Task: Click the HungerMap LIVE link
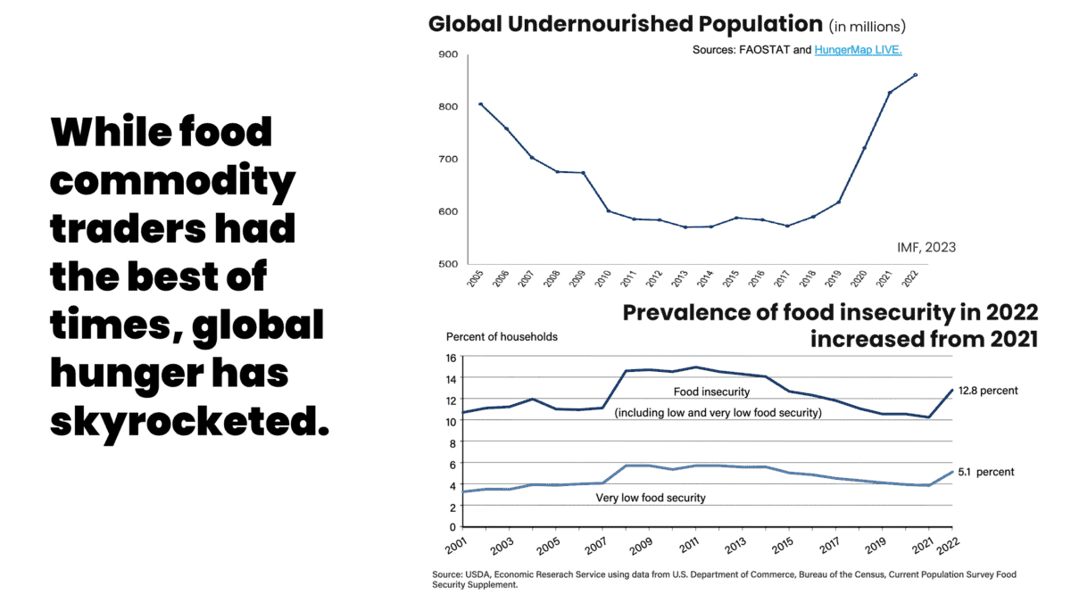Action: pos(864,50)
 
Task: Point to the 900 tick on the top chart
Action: pos(448,54)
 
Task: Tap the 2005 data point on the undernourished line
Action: pos(481,104)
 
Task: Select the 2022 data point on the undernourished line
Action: pos(916,75)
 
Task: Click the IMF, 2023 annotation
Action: pos(926,246)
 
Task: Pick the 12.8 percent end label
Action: pos(988,391)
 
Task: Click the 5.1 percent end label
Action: pos(987,472)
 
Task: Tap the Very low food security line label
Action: pos(650,498)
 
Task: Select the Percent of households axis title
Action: pos(502,337)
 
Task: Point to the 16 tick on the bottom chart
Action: pos(450,358)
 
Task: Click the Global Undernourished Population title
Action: pos(625,24)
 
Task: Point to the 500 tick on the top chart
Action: pos(448,264)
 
